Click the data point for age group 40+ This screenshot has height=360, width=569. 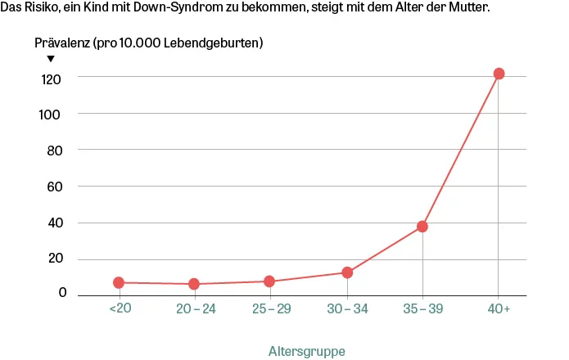(499, 74)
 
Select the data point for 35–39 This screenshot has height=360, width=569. (422, 227)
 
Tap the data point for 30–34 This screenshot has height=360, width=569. (347, 272)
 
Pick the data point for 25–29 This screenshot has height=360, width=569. (269, 281)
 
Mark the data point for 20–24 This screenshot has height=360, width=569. (194, 284)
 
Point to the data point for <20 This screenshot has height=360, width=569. (119, 282)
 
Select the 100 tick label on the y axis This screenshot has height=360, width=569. (52, 115)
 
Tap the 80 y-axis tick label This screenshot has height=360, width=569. (54, 151)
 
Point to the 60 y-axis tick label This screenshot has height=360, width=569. (54, 187)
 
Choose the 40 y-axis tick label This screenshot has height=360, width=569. (54, 223)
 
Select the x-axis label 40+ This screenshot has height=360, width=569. (499, 308)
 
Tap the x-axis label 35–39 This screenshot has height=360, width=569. (423, 308)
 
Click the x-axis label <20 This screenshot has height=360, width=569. (119, 308)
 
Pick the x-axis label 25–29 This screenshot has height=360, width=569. (270, 308)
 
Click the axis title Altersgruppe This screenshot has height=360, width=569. (307, 351)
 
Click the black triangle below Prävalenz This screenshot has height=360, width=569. (51, 58)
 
